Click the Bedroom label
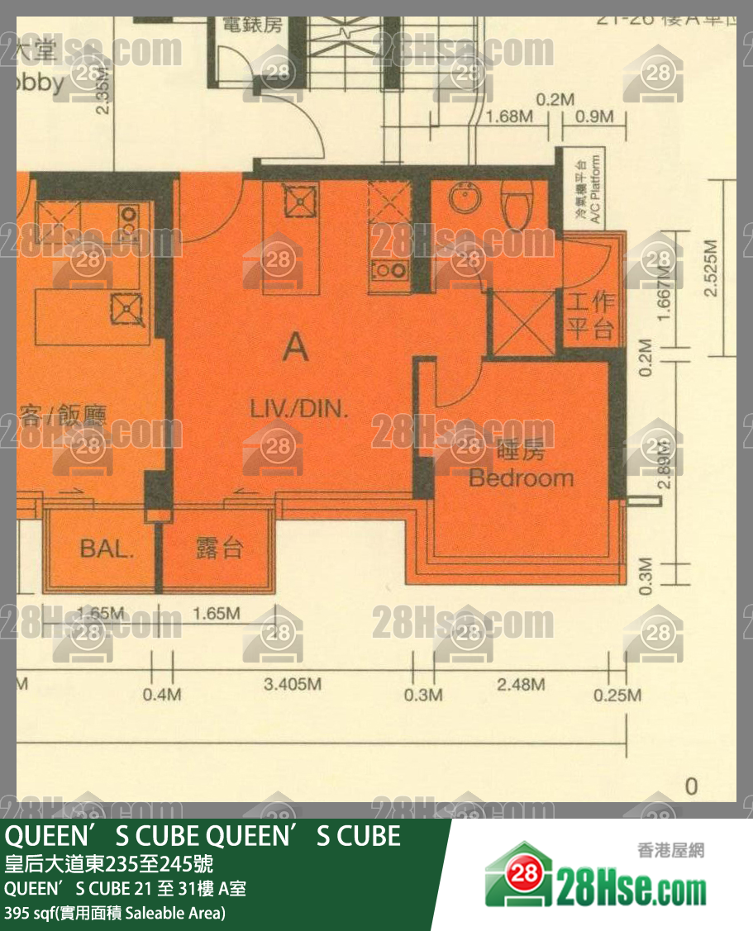pyautogui.click(x=521, y=477)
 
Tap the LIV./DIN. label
pyautogui.click(x=300, y=407)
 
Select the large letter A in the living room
pyautogui.click(x=295, y=348)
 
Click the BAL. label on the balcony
pyautogui.click(x=107, y=549)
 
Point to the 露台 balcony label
pyautogui.click(x=219, y=549)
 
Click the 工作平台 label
pyautogui.click(x=591, y=315)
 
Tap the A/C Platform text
pyautogui.click(x=589, y=188)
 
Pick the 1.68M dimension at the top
pyautogui.click(x=509, y=116)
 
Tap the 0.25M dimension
pyautogui.click(x=617, y=695)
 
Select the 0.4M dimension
pyautogui.click(x=161, y=695)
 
